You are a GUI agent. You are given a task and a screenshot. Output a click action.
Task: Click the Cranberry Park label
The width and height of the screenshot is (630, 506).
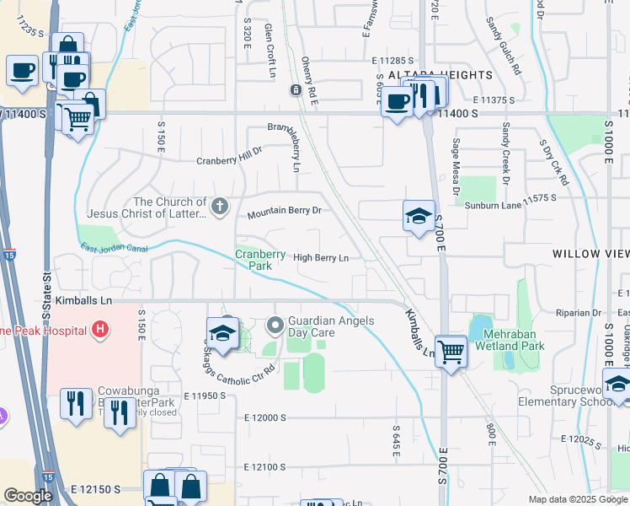click(x=255, y=258)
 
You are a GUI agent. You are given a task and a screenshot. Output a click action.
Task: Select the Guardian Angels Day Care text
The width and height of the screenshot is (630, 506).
click(x=335, y=326)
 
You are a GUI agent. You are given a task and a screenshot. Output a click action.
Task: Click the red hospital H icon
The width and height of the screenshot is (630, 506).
click(x=100, y=328)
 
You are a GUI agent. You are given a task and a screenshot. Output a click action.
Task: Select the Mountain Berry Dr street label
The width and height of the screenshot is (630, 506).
click(x=284, y=214)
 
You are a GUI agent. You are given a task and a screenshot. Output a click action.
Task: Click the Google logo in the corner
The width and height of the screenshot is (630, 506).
click(x=28, y=496)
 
